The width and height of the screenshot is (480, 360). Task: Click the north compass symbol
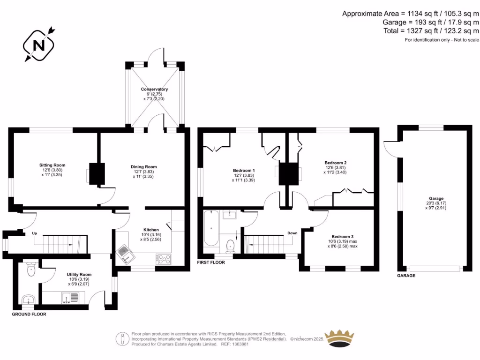click(39, 45)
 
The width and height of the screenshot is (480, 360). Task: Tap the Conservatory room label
click(154, 89)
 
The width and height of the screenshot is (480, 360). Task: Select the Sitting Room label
click(52, 165)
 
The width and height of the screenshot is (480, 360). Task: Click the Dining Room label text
click(143, 167)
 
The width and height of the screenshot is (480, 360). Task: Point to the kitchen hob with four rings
click(164, 258)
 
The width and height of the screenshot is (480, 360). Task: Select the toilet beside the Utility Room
click(31, 270)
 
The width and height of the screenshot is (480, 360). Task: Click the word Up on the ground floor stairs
click(34, 233)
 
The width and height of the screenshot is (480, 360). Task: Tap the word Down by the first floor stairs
click(292, 233)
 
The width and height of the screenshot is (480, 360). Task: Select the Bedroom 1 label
click(244, 170)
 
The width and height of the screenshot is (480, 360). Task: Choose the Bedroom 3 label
click(342, 237)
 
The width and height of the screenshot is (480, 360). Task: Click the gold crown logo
click(340, 338)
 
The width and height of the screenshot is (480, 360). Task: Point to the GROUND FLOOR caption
click(29, 314)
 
